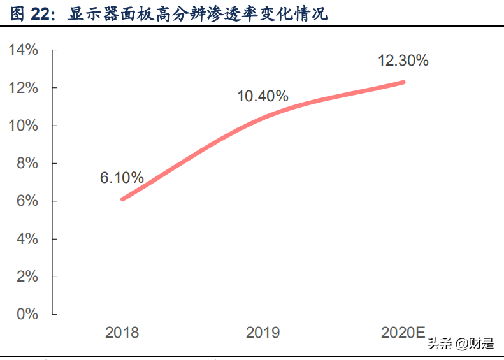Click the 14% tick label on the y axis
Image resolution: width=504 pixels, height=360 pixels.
[24, 50]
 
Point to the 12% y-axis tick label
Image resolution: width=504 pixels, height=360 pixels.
[24, 87]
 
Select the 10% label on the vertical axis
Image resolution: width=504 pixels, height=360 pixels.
[24, 126]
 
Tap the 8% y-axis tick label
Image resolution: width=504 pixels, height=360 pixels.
[27, 163]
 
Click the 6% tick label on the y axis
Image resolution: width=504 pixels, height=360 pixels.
[27, 201]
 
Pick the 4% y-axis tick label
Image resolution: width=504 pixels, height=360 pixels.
[27, 239]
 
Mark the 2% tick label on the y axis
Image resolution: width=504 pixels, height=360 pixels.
[27, 277]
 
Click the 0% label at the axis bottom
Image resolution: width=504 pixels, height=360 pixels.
[27, 314]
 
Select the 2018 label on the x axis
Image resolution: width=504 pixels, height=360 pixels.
[122, 332]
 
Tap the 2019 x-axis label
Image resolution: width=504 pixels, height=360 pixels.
[263, 332]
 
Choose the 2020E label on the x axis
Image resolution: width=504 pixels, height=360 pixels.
[403, 332]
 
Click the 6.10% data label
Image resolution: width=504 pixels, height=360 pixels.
[122, 178]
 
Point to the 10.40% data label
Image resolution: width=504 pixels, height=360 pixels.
[263, 97]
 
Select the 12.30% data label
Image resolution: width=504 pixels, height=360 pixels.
[403, 61]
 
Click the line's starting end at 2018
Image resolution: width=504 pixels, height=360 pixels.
[122, 199]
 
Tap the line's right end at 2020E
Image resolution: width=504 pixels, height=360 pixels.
[403, 82]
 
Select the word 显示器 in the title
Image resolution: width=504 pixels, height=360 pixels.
[89, 13]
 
